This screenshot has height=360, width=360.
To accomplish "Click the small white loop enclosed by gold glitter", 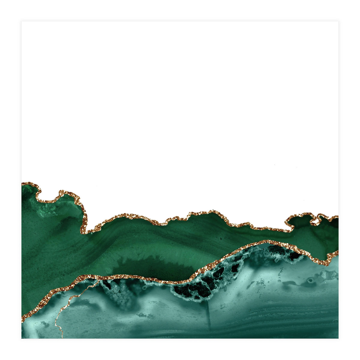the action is pos(315,221).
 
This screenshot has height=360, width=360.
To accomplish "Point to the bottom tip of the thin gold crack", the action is pos(62,337).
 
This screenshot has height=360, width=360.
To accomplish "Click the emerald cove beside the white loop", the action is pos(300,223).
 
